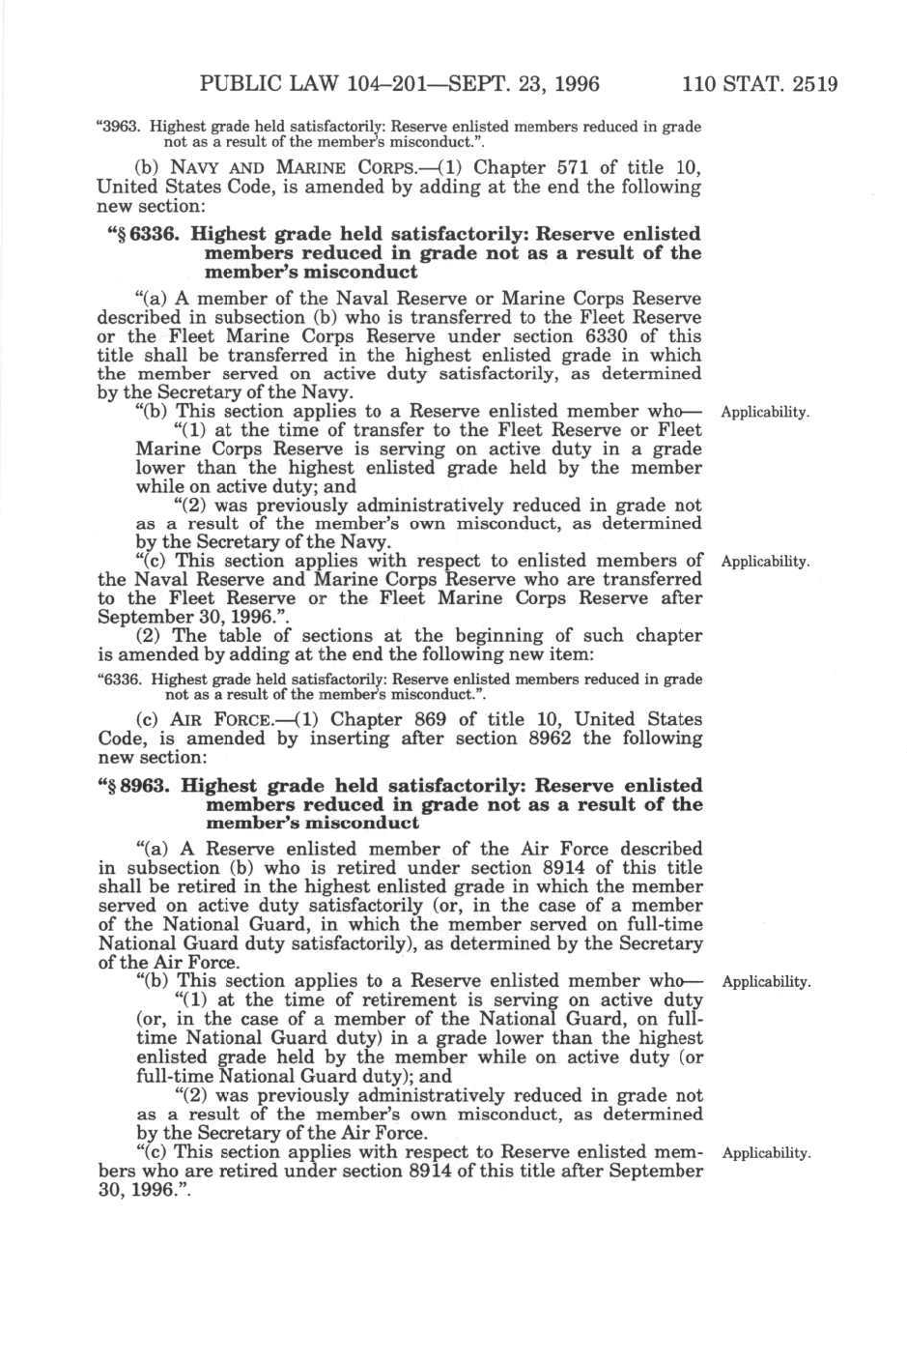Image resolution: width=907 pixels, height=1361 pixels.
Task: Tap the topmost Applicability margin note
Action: (x=765, y=413)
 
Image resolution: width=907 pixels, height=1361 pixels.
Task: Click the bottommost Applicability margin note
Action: (x=765, y=1153)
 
